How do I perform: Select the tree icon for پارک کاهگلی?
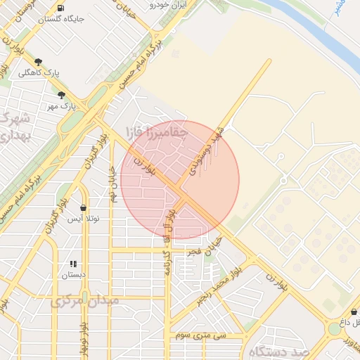pos(39,62)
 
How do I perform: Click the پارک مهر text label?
pos(61,105)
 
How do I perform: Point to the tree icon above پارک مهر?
pos(61,94)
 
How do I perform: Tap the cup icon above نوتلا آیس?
pos(84,208)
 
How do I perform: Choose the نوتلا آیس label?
pos(83,219)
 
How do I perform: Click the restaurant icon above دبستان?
pos(72,264)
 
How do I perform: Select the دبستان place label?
pos(72,275)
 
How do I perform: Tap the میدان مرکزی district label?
pos(85,300)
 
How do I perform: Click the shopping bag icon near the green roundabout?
pos(353,311)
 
